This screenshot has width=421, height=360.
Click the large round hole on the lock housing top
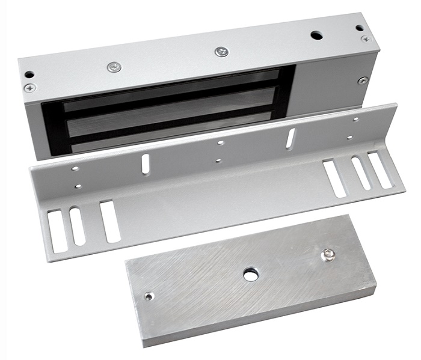(x=316, y=35)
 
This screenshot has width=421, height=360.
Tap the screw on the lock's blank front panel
(x=362, y=80)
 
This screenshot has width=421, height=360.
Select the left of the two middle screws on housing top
(x=114, y=67)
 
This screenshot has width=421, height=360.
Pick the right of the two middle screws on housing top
(x=221, y=52)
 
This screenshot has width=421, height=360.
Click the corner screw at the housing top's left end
(x=29, y=88)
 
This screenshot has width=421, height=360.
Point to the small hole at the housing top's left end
(x=29, y=75)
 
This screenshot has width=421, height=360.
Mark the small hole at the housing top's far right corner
(x=359, y=28)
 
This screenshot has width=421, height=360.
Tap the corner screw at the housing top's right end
(x=366, y=38)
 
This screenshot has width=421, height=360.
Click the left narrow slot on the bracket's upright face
(x=146, y=164)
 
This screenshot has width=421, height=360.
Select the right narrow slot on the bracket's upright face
(x=290, y=139)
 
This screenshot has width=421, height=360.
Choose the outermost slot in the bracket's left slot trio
(x=58, y=231)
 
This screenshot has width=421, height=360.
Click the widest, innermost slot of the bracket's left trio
(x=110, y=221)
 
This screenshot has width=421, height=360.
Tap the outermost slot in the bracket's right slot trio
(x=380, y=169)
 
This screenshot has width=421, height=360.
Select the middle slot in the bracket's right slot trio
(x=361, y=173)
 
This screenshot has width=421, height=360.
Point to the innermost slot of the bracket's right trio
(x=334, y=178)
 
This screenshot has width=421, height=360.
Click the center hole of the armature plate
(x=251, y=275)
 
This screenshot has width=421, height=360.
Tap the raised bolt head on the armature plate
(x=328, y=255)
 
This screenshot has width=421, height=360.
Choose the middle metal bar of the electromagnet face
(x=174, y=109)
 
